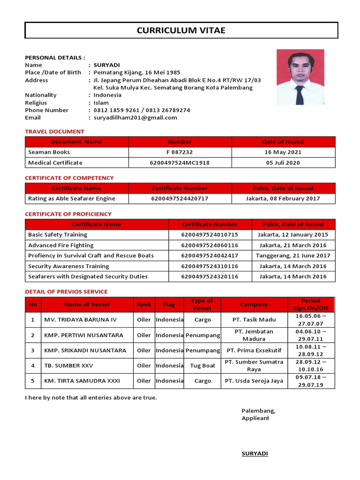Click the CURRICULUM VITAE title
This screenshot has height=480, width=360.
tap(181, 31)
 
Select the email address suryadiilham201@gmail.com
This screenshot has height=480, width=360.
tap(135, 118)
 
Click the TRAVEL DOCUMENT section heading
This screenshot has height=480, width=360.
tap(55, 132)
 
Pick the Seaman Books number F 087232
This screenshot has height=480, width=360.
tap(180, 152)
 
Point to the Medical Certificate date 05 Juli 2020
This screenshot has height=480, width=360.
tap(283, 163)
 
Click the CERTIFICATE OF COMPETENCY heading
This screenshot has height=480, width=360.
tap(69, 178)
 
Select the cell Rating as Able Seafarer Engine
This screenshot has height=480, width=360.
tap(72, 198)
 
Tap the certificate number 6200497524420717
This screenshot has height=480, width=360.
tap(180, 198)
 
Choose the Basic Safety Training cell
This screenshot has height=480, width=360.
tap(58, 234)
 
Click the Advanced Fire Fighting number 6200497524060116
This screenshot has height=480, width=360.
tap(210, 245)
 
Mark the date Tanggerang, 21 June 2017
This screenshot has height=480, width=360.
tap(293, 255)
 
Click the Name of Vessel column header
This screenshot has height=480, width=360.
tap(87, 305)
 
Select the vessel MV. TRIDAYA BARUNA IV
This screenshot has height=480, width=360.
tap(81, 320)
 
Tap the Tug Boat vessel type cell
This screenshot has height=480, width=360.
tap(202, 366)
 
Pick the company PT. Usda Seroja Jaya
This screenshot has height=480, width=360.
tap(254, 381)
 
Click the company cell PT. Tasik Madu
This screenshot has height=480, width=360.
tap(254, 320)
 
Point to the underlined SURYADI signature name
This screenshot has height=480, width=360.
tap(255, 454)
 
